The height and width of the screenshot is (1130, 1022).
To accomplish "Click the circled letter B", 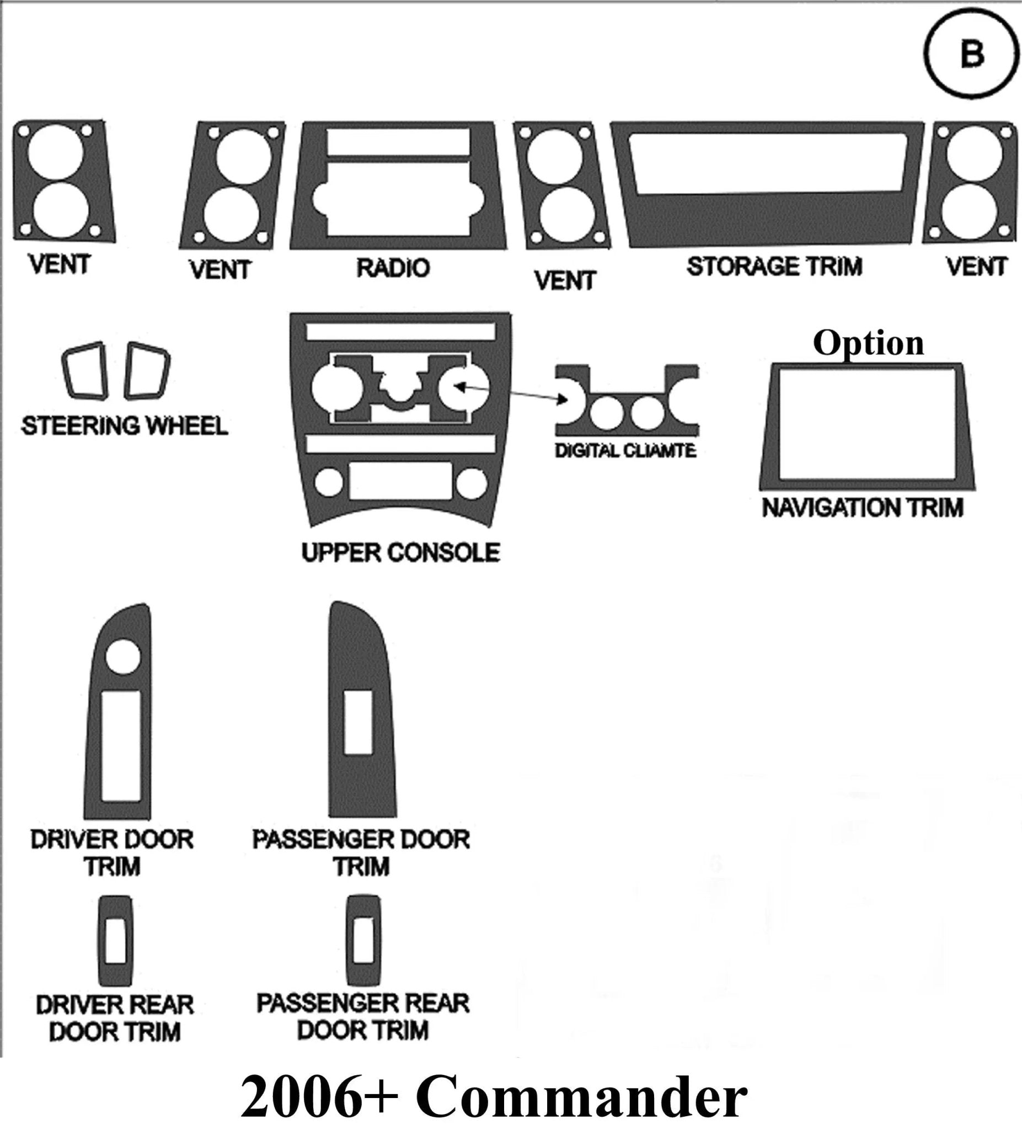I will coord(971,56).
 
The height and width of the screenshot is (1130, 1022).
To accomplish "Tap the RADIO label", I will coord(393,268).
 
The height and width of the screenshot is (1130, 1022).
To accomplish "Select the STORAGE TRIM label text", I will coord(774,266).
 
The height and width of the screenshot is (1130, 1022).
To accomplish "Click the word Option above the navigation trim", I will coord(868,343).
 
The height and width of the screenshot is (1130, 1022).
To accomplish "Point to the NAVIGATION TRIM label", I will coord(862,508).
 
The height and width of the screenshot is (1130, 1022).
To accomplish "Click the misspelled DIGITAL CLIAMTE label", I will coord(626,451).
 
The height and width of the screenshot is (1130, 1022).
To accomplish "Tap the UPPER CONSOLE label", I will coord(400,553).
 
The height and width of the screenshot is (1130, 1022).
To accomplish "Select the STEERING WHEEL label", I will coord(125,426).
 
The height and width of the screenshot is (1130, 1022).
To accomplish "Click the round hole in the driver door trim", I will coord(122,656).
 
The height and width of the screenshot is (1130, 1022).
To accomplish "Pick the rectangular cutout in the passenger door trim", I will coord(358,722).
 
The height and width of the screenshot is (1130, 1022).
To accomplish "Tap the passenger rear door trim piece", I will coord(363,940).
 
